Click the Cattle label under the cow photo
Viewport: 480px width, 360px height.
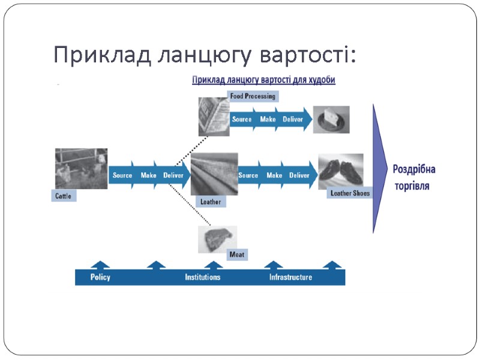pos(64,196)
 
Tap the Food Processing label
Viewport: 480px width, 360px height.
pos(253,96)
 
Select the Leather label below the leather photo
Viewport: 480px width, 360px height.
pos(210,202)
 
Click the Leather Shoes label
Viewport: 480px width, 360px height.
pos(350,193)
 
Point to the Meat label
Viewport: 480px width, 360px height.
pos(236,254)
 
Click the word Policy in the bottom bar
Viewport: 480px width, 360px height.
pos(100,277)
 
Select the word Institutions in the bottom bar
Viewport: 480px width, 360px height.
pos(202,277)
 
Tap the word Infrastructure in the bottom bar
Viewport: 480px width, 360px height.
pos(290,277)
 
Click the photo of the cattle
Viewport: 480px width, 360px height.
pos(81,169)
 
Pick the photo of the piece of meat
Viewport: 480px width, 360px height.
pos(217,239)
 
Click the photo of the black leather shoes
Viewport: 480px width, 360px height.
pos(340,170)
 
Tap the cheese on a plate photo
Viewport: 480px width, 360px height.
pos(331,119)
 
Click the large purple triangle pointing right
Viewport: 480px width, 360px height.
pos(380,169)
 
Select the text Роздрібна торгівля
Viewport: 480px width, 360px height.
pos(413,177)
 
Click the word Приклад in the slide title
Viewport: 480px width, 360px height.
pos(101,55)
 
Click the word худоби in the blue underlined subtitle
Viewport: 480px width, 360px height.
pos(321,80)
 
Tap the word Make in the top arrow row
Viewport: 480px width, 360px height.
pos(268,119)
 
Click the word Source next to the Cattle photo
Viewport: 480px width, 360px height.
pos(122,175)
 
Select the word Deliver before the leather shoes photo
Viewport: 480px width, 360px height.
pos(299,175)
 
